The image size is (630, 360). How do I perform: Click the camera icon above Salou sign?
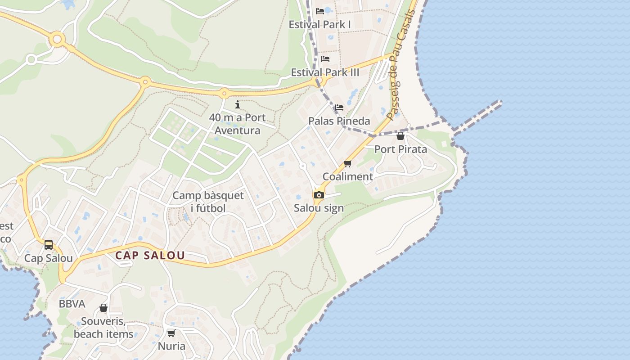point(319,195)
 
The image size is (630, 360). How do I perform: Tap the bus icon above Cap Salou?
point(49,245)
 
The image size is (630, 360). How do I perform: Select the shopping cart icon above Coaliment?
point(347,164)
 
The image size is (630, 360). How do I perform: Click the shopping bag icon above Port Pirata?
point(400,136)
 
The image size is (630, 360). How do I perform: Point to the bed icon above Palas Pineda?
point(339,108)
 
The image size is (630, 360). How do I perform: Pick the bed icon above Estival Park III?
point(325,58)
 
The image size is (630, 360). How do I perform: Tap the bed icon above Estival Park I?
point(320,11)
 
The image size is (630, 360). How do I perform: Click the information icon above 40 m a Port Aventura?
point(238,105)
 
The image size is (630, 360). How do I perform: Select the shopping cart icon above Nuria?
point(171,333)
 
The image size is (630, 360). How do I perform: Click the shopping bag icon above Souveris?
point(103,308)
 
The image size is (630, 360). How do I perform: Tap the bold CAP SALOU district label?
point(150,256)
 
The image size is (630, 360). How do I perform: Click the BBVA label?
point(72,304)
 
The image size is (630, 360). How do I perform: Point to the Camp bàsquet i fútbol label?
point(208,202)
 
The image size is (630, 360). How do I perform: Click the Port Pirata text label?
point(400,149)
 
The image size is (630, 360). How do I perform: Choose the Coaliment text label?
point(348,176)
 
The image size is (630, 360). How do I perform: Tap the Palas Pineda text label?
point(339,121)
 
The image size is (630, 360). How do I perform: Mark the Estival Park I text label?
point(319,24)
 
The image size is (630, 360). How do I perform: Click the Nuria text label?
point(171,346)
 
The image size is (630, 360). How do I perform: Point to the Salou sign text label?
point(319,208)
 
